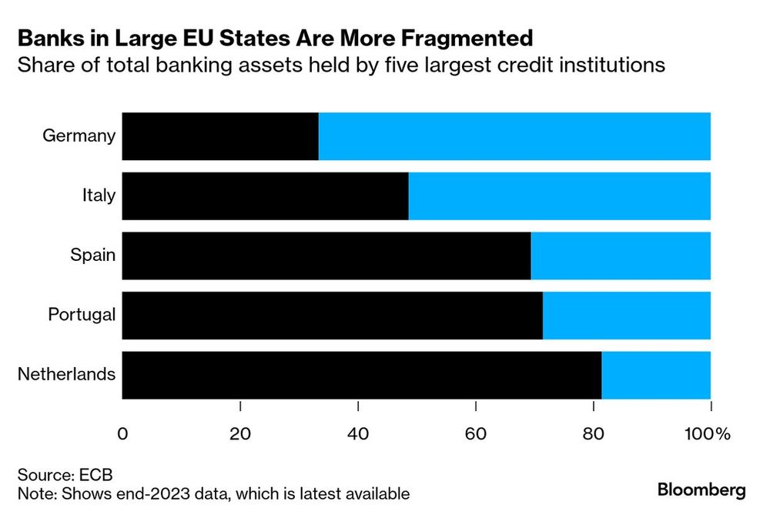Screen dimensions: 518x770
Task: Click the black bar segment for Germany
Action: coord(220,136)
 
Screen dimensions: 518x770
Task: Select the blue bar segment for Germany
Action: coord(514,136)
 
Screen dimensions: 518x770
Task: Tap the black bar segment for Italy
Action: coord(265,196)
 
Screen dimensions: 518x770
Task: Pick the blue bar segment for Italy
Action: coord(559,196)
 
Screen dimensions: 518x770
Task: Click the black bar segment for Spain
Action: coord(326,256)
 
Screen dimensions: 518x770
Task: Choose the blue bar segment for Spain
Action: coord(621,256)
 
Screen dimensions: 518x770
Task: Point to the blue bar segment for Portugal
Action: coord(626,315)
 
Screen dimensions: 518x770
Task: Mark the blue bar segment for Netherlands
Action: coord(656,375)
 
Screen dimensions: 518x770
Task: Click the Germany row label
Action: coord(79,136)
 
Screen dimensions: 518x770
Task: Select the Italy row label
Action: coord(99,196)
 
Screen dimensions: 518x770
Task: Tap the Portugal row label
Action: coord(82,315)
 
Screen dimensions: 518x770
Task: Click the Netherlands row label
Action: coord(67,375)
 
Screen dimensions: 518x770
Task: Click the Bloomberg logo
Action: coord(701,490)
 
